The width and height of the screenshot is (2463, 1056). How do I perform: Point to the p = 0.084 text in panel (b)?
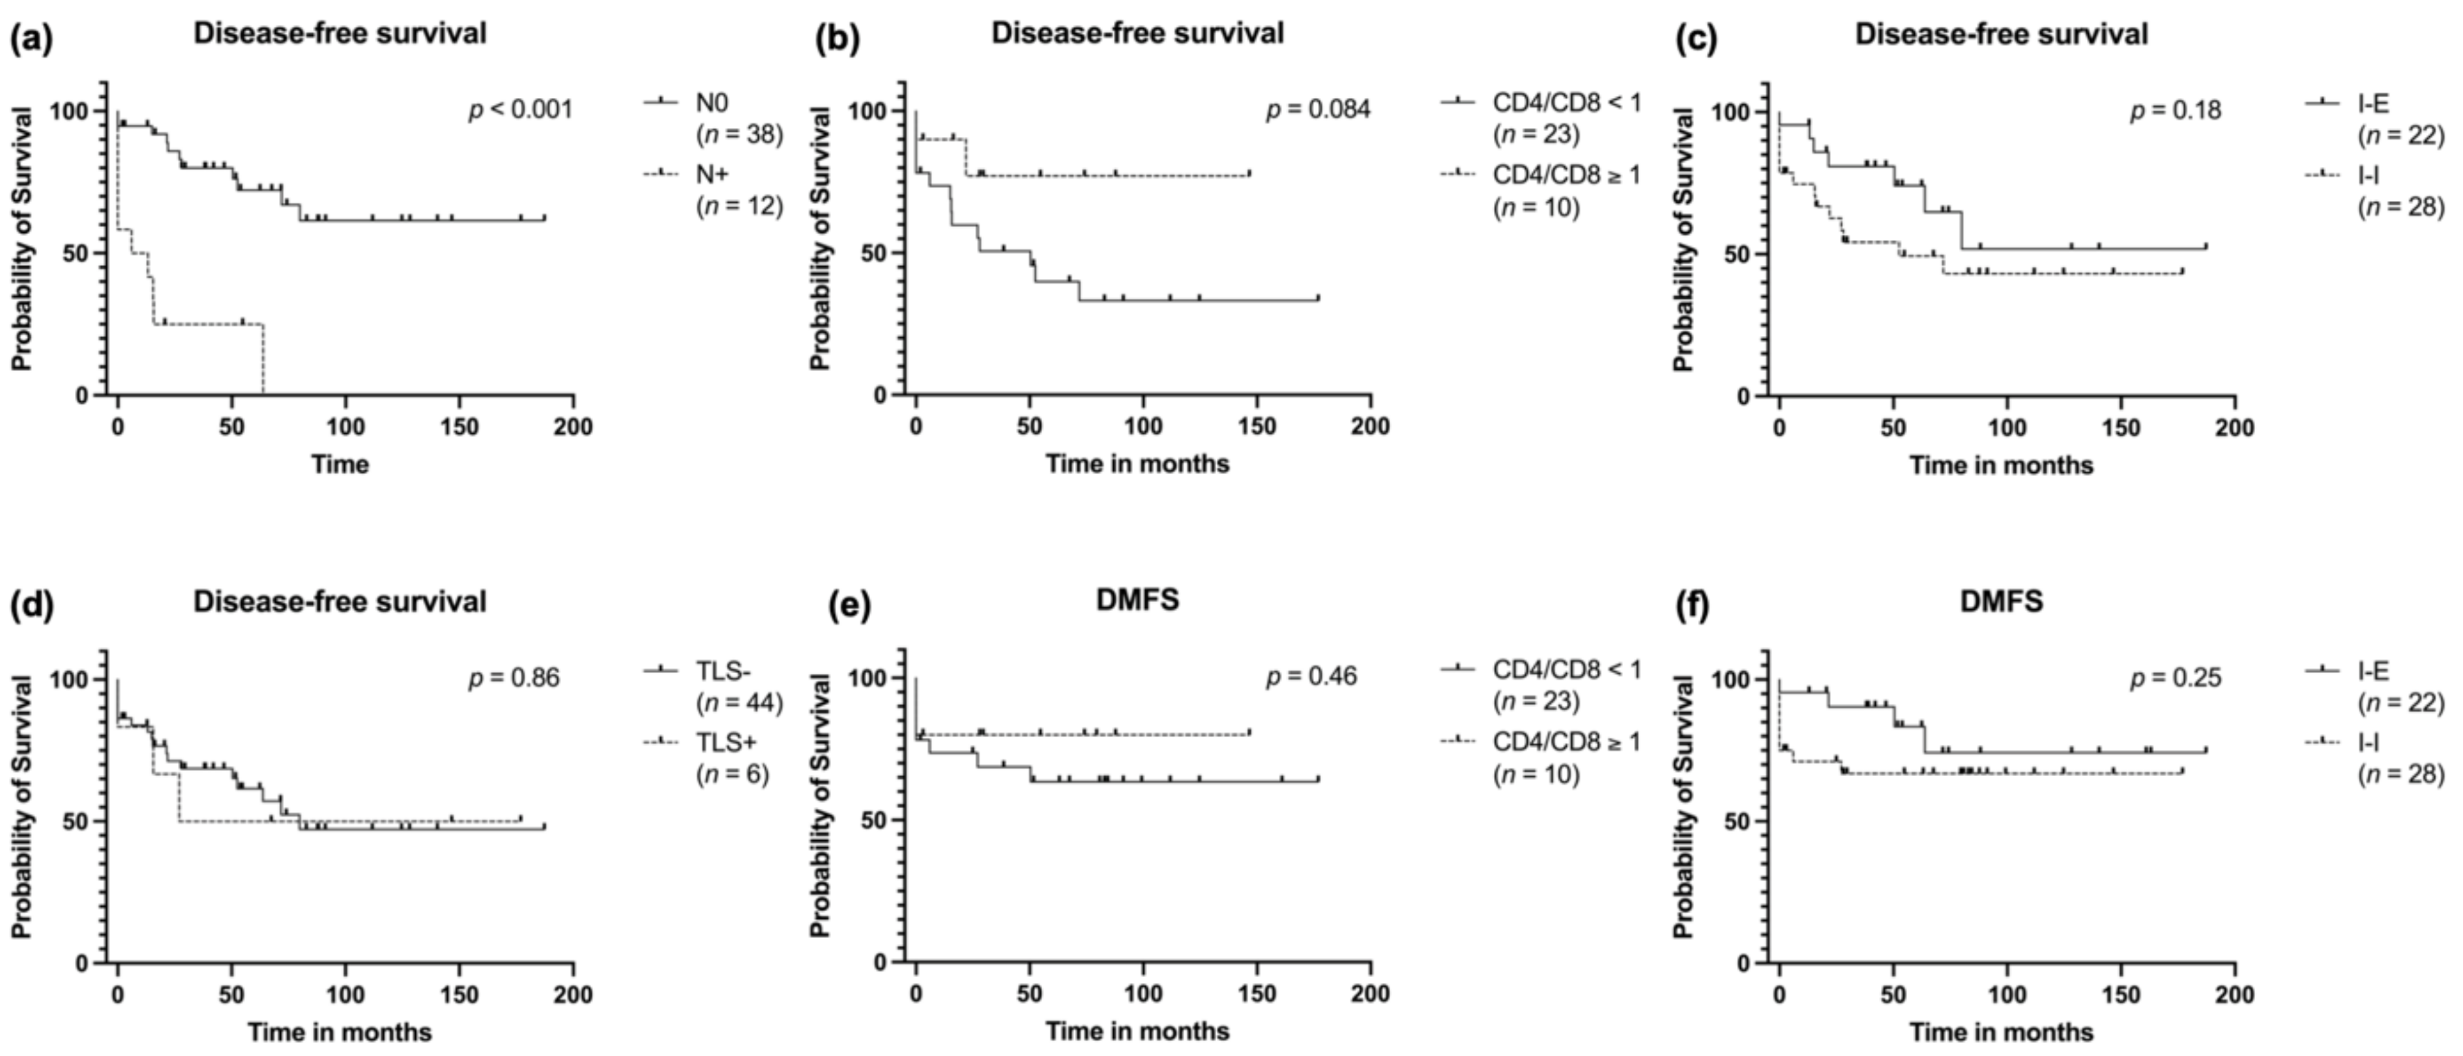[x=1318, y=110]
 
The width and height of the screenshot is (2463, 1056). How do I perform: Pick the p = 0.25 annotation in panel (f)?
[x=2175, y=678]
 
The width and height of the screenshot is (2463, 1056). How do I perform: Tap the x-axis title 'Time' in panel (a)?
[x=340, y=465]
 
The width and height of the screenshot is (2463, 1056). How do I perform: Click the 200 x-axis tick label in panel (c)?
[x=2234, y=427]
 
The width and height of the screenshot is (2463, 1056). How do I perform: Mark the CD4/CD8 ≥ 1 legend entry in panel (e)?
[x=1566, y=757]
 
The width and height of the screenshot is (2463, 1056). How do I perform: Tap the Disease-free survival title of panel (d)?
[x=340, y=601]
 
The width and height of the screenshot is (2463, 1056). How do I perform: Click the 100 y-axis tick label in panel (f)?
[x=1728, y=680]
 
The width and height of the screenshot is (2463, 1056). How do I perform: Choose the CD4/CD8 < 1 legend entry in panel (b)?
[x=1566, y=117]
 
